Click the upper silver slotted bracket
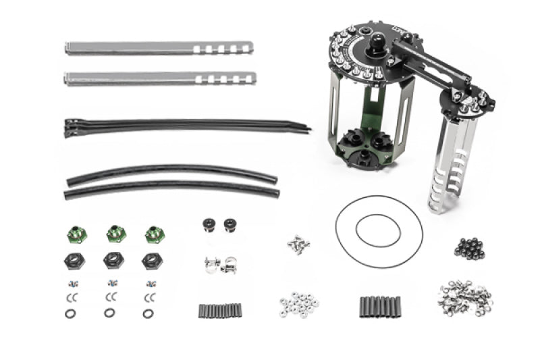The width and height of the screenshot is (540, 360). [159, 49]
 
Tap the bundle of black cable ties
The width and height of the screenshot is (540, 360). [182, 126]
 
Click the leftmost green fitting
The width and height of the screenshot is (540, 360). [76, 235]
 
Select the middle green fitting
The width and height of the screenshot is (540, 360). [116, 235]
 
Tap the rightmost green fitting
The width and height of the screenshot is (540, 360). [155, 235]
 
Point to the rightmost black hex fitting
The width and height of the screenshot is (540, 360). [151, 260]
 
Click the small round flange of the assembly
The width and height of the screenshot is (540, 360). [465, 101]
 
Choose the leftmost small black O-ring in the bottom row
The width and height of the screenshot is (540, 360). [70, 313]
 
